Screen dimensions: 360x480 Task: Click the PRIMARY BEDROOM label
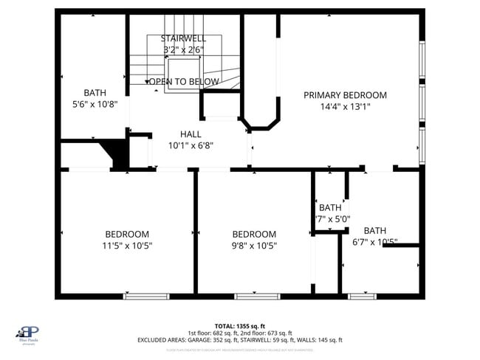pyautogui.click(x=345, y=95)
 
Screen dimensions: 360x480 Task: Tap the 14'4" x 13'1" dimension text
pyautogui.click(x=345, y=106)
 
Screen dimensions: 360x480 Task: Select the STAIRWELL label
pyautogui.click(x=183, y=38)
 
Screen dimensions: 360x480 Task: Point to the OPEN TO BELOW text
pyautogui.click(x=184, y=81)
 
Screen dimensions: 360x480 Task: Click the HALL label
pyautogui.click(x=191, y=134)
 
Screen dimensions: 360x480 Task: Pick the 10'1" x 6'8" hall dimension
pyautogui.click(x=191, y=145)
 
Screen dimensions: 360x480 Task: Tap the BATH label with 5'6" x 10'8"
pyautogui.click(x=95, y=93)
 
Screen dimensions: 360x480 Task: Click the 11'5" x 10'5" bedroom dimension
pyautogui.click(x=127, y=246)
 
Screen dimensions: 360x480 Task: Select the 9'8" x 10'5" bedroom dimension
pyautogui.click(x=254, y=246)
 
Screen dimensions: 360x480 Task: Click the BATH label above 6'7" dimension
pyautogui.click(x=374, y=230)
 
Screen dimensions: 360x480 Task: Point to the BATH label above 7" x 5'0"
pyautogui.click(x=330, y=207)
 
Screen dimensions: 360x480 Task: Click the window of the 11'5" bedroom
pyautogui.click(x=140, y=297)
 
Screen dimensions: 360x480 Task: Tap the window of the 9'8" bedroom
pyautogui.click(x=257, y=297)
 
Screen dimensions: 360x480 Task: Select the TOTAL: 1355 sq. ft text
pyautogui.click(x=239, y=325)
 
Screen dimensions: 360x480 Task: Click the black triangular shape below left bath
pyautogui.click(x=117, y=154)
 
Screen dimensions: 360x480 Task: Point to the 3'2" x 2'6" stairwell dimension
pyautogui.click(x=183, y=49)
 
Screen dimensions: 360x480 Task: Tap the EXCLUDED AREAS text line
pyautogui.click(x=239, y=340)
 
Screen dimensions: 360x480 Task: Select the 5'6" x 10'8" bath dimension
pyautogui.click(x=95, y=104)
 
